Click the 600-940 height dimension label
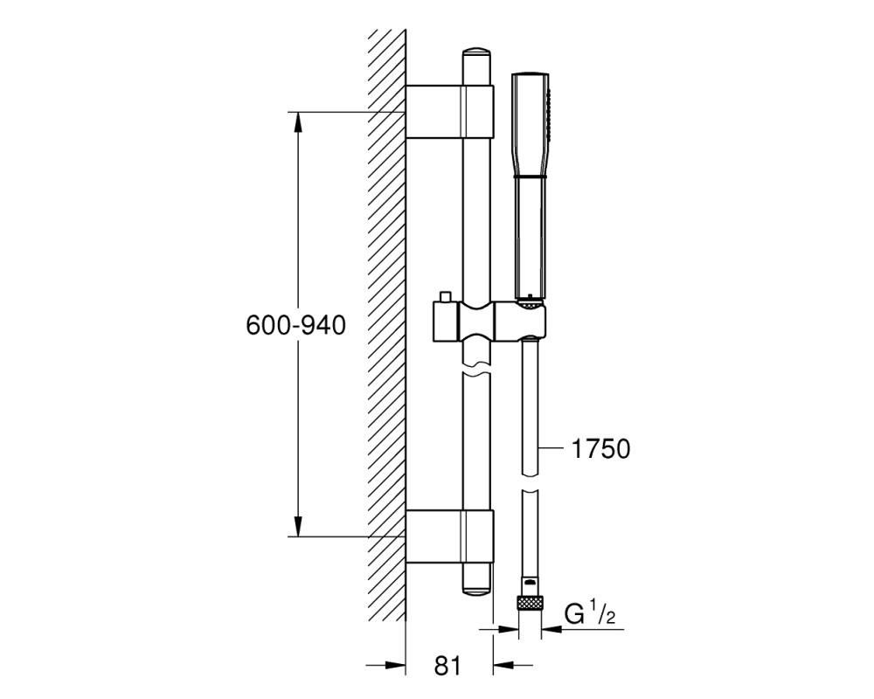tap(295, 325)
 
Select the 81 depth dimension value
tap(447, 666)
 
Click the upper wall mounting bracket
tap(450, 112)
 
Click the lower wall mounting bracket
tap(450, 536)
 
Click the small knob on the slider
tap(446, 296)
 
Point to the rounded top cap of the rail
tap(476, 54)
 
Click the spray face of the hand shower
tap(551, 117)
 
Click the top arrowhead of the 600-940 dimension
tap(299, 122)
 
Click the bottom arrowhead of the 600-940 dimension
tap(299, 527)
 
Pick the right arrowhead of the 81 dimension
tap(504, 664)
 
